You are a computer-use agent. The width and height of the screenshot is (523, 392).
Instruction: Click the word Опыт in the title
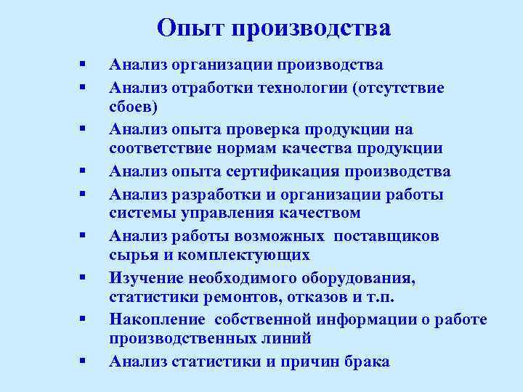190,28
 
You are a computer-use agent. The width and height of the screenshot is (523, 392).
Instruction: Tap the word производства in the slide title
312,29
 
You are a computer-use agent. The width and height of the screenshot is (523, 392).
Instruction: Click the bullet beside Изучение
84,277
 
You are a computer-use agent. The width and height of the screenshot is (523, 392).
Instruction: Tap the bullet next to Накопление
84,319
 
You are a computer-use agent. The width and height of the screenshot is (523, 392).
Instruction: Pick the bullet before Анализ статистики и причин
84,362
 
